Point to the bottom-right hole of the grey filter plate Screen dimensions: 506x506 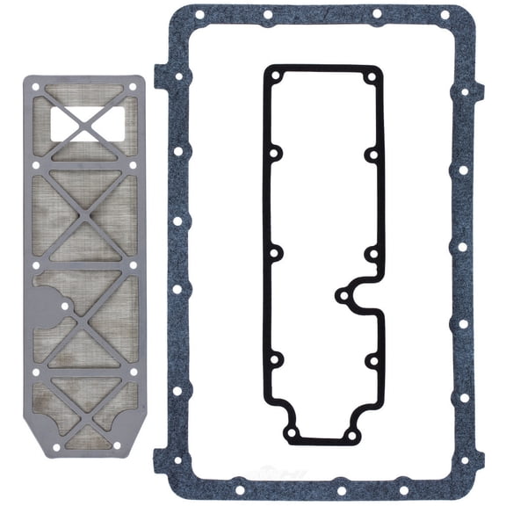[133, 445]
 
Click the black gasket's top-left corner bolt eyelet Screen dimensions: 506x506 [274, 76]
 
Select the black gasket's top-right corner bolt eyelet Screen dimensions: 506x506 [372, 76]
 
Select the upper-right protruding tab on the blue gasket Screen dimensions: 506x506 [480, 89]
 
